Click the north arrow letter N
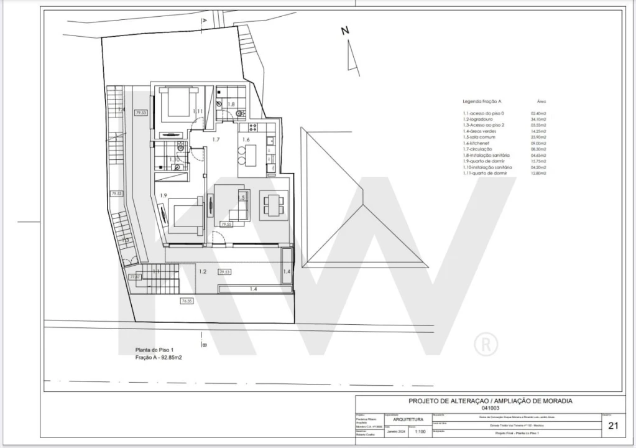(346, 30)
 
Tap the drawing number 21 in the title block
(612, 426)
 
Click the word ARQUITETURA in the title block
(400, 419)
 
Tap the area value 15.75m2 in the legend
(538, 161)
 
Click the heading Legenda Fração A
(482, 101)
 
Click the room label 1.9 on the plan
(163, 195)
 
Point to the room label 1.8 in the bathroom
(231, 105)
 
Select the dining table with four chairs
(274, 202)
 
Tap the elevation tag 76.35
(187, 301)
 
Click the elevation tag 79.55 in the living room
(226, 224)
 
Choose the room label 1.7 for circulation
(216, 139)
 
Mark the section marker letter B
(205, 344)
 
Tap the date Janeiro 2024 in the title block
(396, 431)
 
